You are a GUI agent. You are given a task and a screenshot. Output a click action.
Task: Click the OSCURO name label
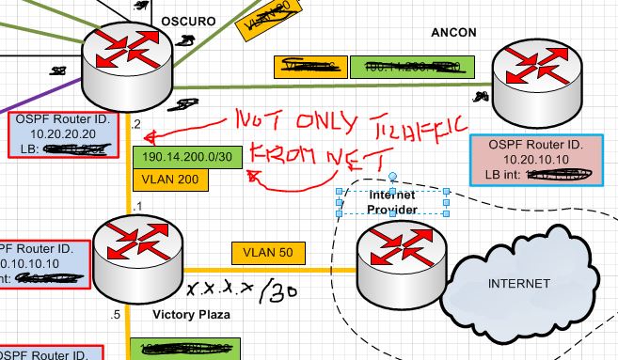188,20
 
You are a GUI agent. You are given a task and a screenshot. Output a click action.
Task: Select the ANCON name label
453,32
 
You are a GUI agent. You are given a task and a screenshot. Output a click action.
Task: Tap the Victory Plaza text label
191,315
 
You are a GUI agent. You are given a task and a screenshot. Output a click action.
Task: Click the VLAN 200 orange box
169,178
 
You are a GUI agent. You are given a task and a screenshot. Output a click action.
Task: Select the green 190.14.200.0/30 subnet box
186,156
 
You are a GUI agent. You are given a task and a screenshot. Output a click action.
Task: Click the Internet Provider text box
391,201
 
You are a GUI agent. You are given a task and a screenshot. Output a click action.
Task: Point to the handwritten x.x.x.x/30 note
239,290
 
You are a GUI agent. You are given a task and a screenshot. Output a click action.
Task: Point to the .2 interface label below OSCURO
136,124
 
